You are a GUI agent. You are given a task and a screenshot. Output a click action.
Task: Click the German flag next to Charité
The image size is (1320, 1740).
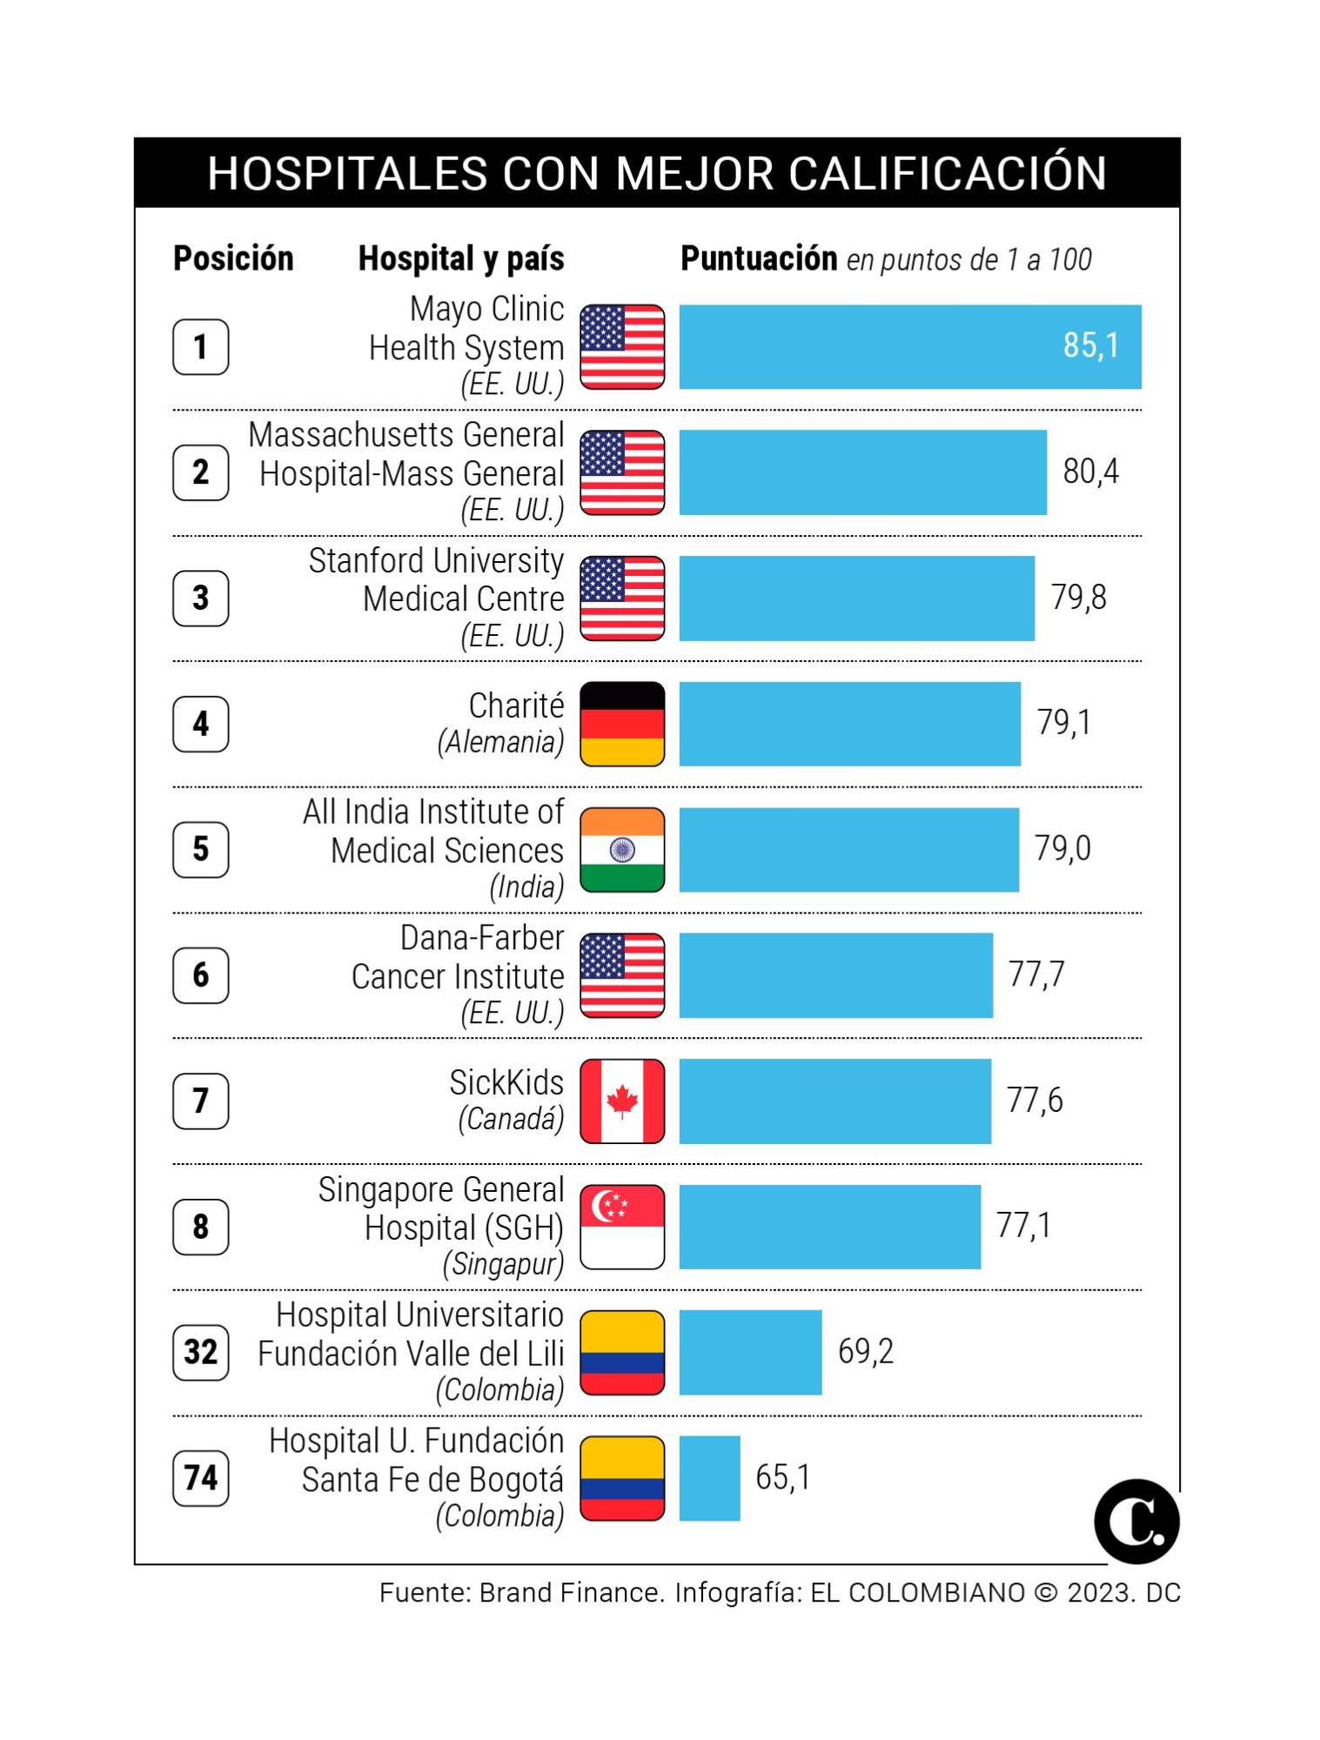coord(622,724)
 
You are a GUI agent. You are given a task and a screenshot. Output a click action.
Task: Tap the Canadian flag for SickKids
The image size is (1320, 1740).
coord(622,1101)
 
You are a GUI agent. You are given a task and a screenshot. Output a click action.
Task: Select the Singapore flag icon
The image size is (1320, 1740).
coord(622,1227)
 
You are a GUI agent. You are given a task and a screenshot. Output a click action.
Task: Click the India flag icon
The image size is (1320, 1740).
coord(622,850)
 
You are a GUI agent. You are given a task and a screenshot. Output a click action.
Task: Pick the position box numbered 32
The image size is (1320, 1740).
coord(200,1352)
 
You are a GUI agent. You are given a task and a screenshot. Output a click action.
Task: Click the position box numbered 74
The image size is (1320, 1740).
coord(200,1477)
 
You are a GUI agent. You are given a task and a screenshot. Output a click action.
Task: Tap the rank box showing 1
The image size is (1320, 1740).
coord(200,347)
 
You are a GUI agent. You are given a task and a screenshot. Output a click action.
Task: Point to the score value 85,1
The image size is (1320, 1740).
coord(1090,345)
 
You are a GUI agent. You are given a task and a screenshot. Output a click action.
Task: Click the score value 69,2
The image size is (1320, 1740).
coord(865,1351)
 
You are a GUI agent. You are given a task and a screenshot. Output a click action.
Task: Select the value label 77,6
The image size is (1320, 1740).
coord(1034,1101)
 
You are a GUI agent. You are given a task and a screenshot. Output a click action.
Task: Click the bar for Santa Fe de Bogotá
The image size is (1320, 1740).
coord(709,1478)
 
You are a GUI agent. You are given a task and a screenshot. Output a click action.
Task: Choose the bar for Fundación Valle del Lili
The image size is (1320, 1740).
coord(750,1352)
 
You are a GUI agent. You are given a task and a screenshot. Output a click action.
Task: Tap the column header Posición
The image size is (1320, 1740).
coord(233,258)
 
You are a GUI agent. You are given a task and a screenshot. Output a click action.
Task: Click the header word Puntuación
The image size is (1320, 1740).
coord(758,258)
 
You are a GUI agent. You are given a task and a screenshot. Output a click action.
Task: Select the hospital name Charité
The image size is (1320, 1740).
coord(516,706)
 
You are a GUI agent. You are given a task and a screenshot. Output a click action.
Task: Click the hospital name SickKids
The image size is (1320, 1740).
coord(506,1082)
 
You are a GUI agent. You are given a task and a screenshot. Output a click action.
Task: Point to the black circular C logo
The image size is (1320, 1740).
coord(1136,1522)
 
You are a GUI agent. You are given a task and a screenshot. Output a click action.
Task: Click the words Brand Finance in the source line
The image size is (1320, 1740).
coord(571,1593)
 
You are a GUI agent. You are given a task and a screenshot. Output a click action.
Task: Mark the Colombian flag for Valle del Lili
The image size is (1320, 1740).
coord(622,1352)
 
